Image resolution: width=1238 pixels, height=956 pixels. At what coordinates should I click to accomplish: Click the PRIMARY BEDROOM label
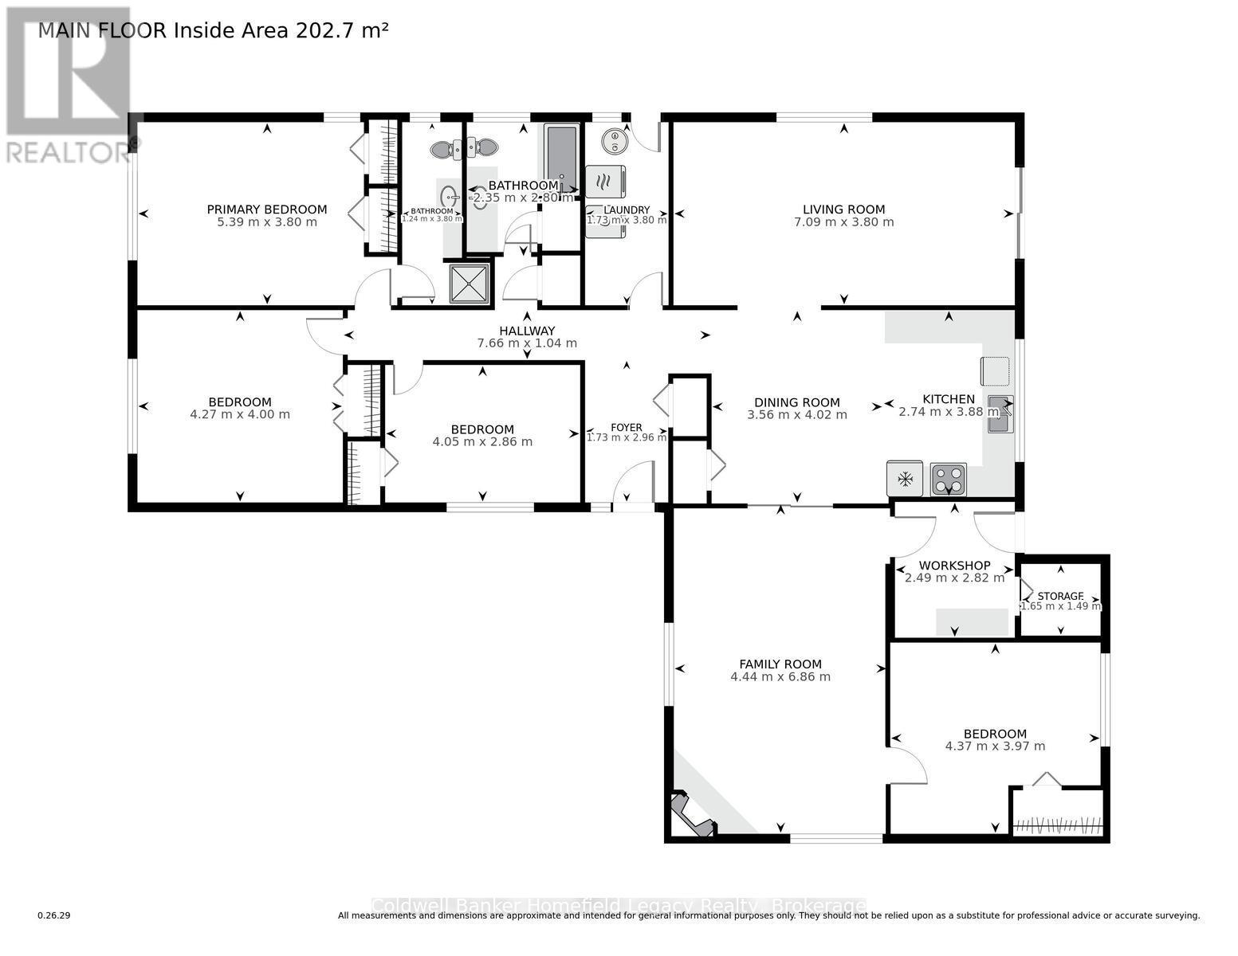[267, 210]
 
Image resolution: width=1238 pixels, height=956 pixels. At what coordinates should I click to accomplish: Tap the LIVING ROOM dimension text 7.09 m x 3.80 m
[843, 222]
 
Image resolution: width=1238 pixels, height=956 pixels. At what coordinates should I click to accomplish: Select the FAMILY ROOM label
[780, 664]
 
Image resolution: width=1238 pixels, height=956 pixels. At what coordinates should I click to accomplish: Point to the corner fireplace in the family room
[690, 814]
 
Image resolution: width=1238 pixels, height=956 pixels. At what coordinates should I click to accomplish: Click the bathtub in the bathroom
[561, 156]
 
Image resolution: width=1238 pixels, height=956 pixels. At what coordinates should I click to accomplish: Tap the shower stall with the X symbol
[470, 284]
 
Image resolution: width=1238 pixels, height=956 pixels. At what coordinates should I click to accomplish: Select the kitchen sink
[1000, 413]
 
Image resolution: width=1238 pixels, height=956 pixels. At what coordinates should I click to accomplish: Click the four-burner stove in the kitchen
[949, 479]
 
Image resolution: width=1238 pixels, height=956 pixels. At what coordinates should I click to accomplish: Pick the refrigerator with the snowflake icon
[905, 479]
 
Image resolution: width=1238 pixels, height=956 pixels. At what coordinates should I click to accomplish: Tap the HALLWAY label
[526, 331]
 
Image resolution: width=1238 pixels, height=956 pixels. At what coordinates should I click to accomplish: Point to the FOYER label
[627, 428]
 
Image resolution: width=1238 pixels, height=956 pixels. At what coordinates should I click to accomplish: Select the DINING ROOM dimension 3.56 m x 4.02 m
[797, 415]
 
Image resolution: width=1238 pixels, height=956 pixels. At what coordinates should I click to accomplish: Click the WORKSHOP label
[954, 566]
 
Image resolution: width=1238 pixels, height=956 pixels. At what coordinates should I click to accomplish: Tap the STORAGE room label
[1060, 596]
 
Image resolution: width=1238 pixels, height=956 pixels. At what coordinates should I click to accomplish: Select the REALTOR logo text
[68, 152]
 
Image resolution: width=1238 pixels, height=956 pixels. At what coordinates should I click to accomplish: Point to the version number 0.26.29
[54, 915]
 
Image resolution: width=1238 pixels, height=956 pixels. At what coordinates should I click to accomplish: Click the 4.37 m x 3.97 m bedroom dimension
[995, 746]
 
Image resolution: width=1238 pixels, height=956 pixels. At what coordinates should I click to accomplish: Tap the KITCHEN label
[949, 399]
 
